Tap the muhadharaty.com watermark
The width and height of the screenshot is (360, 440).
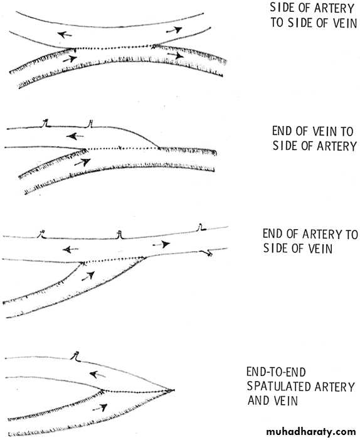[x=311, y=431]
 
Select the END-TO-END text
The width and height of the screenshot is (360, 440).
[x=276, y=372]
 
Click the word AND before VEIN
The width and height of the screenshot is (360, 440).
[x=257, y=400]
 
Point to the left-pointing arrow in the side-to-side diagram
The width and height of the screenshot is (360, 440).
[x=65, y=35]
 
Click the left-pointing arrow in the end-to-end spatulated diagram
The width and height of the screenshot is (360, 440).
[x=97, y=374]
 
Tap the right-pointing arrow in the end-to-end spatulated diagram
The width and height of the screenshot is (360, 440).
[x=100, y=407]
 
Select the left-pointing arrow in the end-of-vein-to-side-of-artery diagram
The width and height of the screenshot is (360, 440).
[x=75, y=136]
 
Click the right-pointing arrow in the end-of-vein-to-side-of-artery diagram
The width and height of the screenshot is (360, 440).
[x=82, y=162]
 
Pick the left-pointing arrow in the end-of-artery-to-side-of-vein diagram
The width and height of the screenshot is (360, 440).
[x=70, y=249]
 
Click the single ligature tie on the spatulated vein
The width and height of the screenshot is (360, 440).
[x=76, y=357]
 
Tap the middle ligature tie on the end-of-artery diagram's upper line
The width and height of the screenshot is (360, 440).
[x=120, y=235]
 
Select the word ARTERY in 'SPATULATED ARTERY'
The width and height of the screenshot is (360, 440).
[x=334, y=387]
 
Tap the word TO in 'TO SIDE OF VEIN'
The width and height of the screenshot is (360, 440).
[x=277, y=23]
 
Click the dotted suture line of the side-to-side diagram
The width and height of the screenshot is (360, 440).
[x=114, y=47]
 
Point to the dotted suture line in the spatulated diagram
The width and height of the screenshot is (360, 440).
[x=136, y=391]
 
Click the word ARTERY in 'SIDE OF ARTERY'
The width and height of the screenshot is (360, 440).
[x=334, y=8]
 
